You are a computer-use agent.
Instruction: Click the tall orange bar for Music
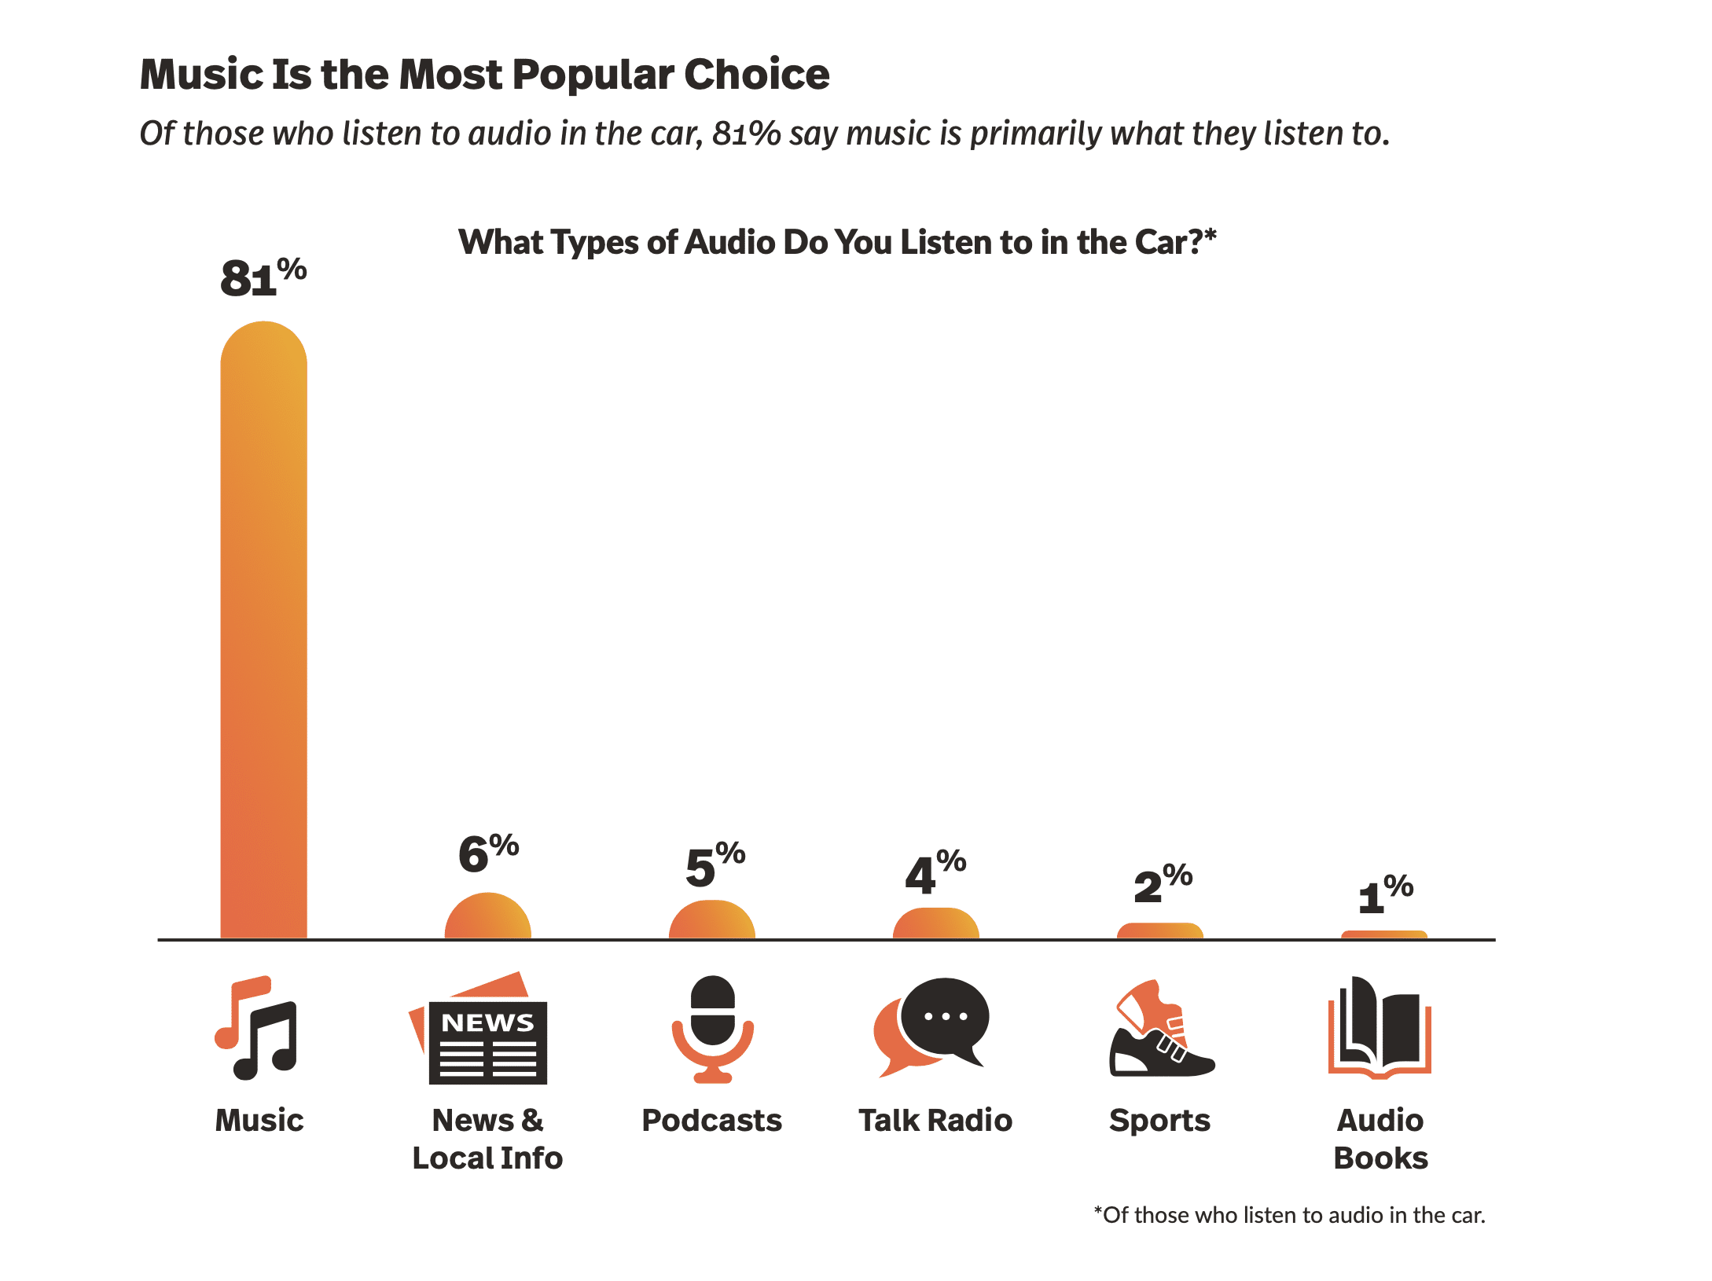pyautogui.click(x=263, y=629)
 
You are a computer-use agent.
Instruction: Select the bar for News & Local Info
pyautogui.click(x=487, y=918)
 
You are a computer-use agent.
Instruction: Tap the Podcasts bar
pyautogui.click(x=711, y=921)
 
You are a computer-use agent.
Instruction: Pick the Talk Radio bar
pyautogui.click(x=935, y=924)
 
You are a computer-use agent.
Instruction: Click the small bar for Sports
pyautogui.click(x=1159, y=931)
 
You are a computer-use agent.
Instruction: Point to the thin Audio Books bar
pyautogui.click(x=1383, y=935)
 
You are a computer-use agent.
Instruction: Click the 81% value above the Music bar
pyautogui.click(x=263, y=277)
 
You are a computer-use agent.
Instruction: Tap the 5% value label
pyautogui.click(x=715, y=865)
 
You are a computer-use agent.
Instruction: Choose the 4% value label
pyautogui.click(x=935, y=872)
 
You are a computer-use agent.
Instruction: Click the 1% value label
pyautogui.click(x=1385, y=894)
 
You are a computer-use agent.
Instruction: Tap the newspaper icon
pyautogui.click(x=479, y=1030)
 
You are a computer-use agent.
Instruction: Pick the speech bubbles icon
pyautogui.click(x=932, y=1026)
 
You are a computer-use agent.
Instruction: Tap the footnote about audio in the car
pyautogui.click(x=1289, y=1215)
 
